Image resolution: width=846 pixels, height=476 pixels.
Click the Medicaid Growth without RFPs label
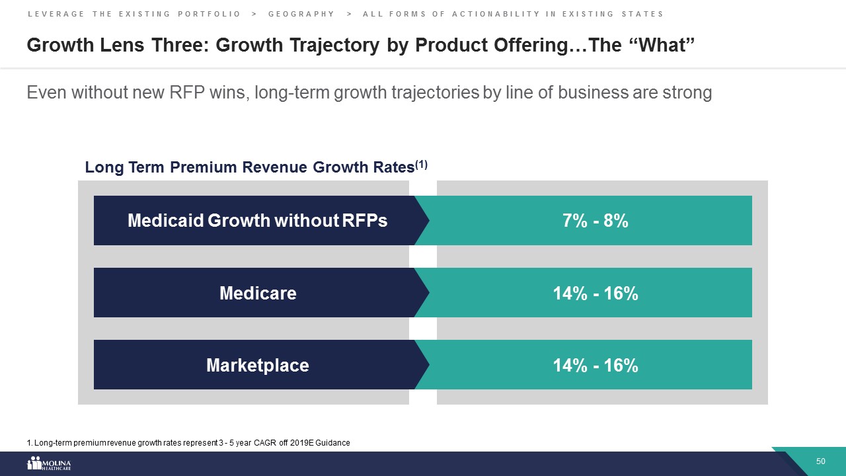(257, 221)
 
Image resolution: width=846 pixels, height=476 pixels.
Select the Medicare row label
(257, 293)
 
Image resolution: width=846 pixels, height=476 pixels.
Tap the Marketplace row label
(257, 365)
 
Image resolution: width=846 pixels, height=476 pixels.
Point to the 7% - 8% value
(595, 221)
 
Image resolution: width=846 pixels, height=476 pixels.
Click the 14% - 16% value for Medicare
(595, 293)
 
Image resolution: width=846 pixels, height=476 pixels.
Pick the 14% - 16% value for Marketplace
(595, 365)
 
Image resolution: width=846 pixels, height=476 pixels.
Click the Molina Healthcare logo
(49, 463)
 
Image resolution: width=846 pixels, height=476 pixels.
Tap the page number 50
(821, 461)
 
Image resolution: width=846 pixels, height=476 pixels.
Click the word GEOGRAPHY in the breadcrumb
(301, 14)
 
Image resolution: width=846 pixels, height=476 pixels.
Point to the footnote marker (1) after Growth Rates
(421, 165)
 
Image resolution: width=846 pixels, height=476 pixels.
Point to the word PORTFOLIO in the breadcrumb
(210, 14)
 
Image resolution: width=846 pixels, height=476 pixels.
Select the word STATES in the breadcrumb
(640, 14)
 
